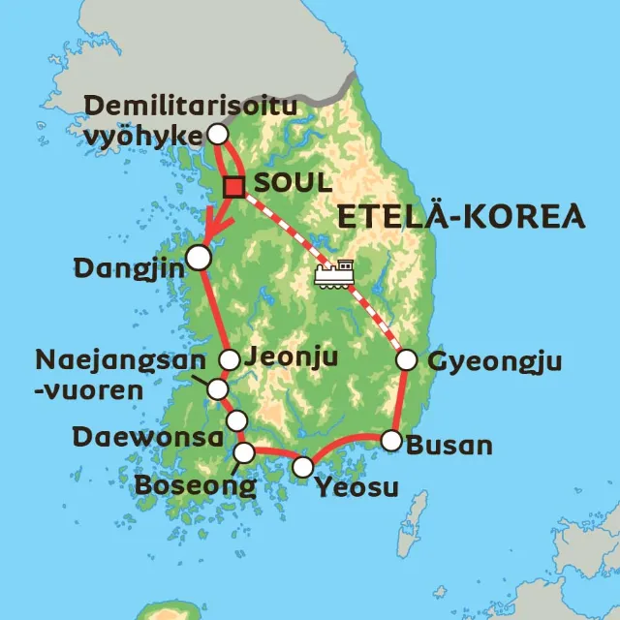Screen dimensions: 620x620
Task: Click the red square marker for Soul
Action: [x=233, y=187]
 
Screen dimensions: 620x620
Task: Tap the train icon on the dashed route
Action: [x=332, y=273]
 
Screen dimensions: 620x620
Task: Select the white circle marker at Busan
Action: [x=390, y=441]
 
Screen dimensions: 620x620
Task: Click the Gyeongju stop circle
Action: [x=407, y=359]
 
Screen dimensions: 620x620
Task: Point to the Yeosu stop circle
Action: [x=303, y=467]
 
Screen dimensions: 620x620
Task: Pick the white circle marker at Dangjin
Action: [x=198, y=257]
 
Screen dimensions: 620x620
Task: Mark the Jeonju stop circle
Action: [x=230, y=359]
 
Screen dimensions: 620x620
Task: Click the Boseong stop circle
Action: [x=245, y=451]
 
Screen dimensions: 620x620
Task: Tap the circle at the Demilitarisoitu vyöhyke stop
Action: [x=218, y=133]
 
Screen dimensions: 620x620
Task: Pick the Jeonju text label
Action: [x=292, y=356]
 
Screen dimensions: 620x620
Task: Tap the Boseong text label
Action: [x=195, y=483]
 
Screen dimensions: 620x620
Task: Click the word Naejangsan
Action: [x=120, y=361]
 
